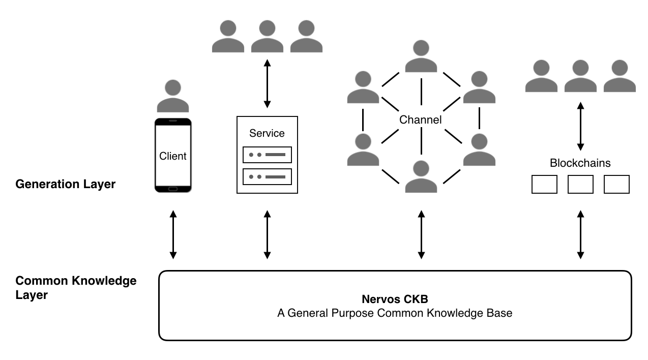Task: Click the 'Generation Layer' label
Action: coord(66,184)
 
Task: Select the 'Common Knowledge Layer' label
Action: coord(76,288)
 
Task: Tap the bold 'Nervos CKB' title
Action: coord(394,299)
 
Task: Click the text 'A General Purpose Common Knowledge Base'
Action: coord(394,313)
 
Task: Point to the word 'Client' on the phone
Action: coord(173,156)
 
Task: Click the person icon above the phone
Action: coord(173,96)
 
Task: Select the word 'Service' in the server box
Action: coord(267,133)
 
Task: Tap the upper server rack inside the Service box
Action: coord(267,155)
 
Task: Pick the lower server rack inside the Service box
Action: coord(267,176)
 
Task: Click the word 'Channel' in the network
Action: coord(421,120)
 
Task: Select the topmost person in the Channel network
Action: coord(421,56)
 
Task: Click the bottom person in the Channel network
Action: coord(421,176)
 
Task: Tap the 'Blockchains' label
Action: coord(580,163)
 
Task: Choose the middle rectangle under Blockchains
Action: coord(580,184)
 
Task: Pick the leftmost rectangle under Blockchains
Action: coord(544,184)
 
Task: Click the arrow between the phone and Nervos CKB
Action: coord(173,234)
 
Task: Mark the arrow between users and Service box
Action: coord(267,83)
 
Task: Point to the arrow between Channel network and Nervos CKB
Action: coord(421,234)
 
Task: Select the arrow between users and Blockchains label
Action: coord(580,126)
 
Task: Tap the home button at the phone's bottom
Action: coord(173,189)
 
